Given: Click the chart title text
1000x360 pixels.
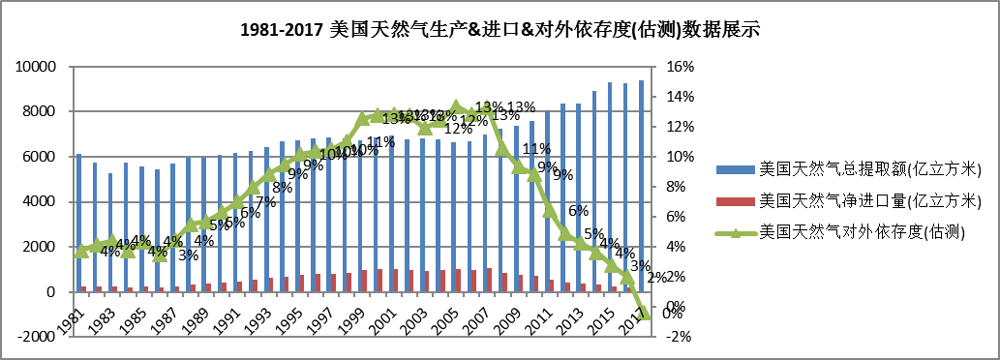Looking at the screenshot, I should coord(499,29).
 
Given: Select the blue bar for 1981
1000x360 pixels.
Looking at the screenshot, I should coord(78,223).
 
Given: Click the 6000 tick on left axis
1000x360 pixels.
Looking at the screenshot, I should coord(41,157).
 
